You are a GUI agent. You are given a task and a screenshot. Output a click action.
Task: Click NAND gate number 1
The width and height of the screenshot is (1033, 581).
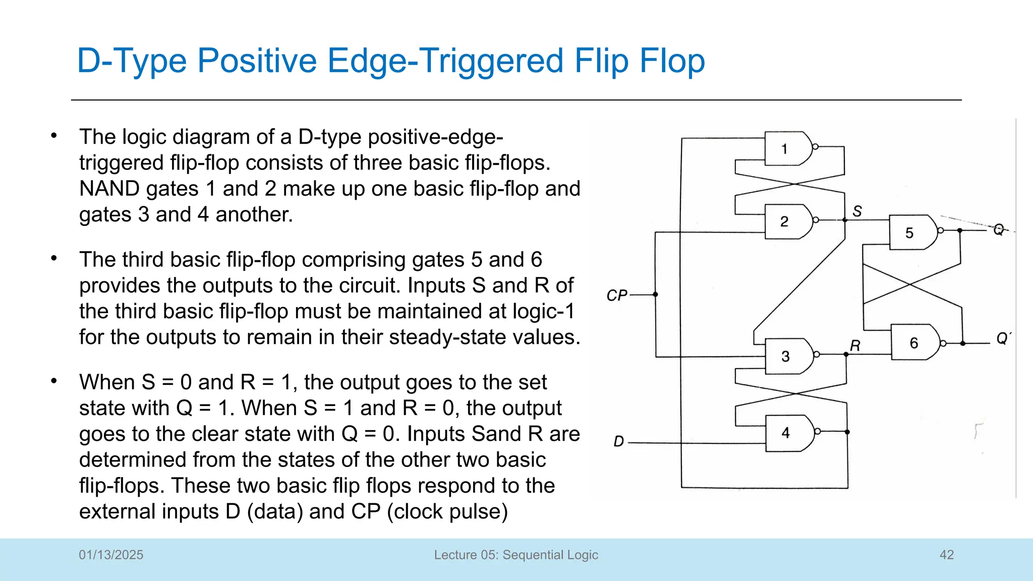[x=787, y=148]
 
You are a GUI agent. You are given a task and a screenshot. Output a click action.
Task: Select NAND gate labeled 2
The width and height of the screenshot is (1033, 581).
[x=787, y=221]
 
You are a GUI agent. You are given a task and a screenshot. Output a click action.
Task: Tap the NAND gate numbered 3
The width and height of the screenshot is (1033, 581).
[x=788, y=356]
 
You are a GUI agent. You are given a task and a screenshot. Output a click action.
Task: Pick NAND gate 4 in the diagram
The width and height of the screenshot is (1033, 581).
[x=788, y=433]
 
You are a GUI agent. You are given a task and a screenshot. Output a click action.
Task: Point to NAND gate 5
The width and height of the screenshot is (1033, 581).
[x=912, y=233]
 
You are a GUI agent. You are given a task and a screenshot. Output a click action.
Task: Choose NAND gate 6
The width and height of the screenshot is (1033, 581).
[x=914, y=343]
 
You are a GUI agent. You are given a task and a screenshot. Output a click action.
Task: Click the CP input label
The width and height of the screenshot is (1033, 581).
[x=616, y=295]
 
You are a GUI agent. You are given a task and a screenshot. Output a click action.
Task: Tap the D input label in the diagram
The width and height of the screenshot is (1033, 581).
[x=618, y=441]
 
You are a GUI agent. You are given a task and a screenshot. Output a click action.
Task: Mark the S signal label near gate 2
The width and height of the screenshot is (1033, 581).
[x=857, y=211]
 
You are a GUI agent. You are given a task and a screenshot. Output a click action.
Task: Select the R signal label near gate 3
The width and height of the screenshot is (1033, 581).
[x=855, y=345]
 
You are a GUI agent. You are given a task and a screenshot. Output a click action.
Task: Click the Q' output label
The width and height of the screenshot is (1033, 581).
[x=1003, y=338]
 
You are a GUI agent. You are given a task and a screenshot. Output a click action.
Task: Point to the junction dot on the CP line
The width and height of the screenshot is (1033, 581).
[x=655, y=294]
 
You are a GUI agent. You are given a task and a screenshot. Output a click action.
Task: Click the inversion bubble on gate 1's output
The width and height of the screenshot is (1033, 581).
[x=815, y=147]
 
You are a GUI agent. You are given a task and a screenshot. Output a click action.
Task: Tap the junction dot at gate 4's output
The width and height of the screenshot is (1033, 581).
[x=847, y=432]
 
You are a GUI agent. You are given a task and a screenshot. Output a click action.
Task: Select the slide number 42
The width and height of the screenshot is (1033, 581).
[x=946, y=555]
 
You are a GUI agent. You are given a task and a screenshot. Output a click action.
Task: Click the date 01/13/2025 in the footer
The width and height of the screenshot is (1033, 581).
[x=111, y=555]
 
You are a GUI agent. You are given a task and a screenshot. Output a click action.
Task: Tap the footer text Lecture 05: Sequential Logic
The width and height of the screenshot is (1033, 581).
[x=516, y=555]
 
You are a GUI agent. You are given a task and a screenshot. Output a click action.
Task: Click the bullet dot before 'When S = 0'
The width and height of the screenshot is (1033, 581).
[x=54, y=381]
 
